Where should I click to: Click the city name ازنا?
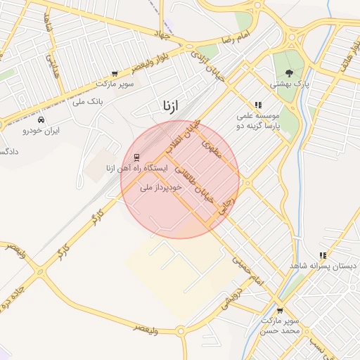tap(170, 106)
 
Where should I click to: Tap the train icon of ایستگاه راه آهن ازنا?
tap(136, 157)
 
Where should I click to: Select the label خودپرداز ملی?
tap(161, 188)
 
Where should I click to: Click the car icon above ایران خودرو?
tap(41, 120)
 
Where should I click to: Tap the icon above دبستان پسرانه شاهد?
tap(323, 256)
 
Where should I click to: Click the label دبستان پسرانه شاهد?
tap(323, 267)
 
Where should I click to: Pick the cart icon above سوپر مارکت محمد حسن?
tap(280, 310)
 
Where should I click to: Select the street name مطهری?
tap(211, 147)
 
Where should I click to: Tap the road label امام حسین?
tap(250, 271)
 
